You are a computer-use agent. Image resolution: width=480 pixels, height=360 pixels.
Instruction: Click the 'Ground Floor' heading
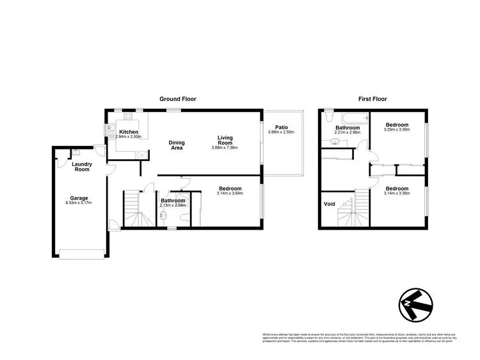click(x=177, y=99)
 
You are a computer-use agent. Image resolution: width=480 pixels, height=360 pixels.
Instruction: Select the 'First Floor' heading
click(x=372, y=99)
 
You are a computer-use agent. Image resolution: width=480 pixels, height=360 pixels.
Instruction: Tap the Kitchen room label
click(x=129, y=131)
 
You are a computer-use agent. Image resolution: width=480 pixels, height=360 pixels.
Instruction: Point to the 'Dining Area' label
click(x=176, y=145)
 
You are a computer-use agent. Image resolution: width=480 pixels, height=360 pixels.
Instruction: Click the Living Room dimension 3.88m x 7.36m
click(x=225, y=148)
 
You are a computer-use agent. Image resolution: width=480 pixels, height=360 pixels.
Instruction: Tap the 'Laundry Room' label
click(x=82, y=167)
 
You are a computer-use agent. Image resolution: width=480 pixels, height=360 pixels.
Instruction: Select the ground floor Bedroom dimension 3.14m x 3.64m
click(x=230, y=194)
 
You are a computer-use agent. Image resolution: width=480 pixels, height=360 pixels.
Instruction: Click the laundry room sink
click(x=76, y=152)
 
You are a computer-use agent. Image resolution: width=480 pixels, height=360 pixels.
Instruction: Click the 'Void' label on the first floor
click(x=330, y=205)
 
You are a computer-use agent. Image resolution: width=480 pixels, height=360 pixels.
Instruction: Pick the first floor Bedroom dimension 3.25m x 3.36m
click(x=395, y=130)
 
